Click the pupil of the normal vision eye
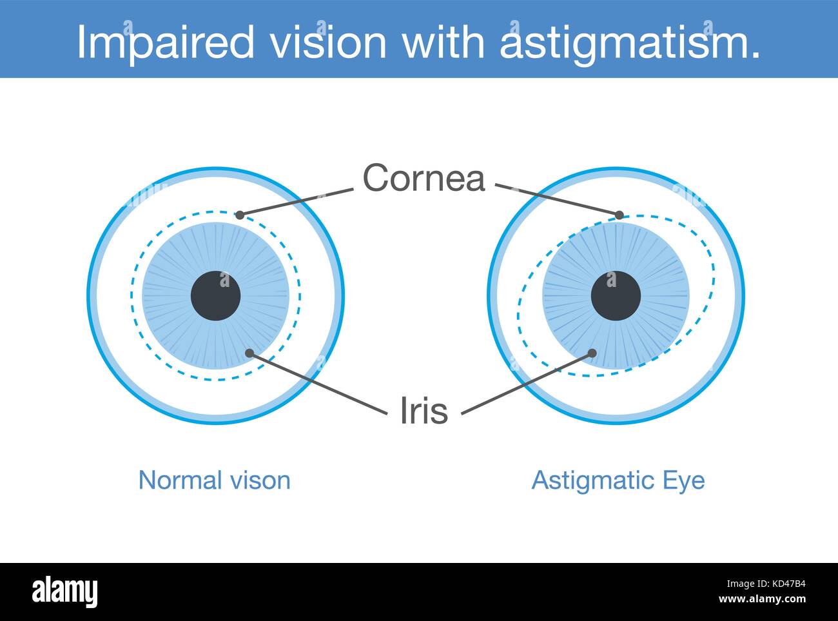(215, 296)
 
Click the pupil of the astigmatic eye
(616, 296)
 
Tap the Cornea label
(424, 177)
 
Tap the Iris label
(424, 410)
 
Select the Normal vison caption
(215, 480)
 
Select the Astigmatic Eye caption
(618, 480)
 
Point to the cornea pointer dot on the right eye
(619, 215)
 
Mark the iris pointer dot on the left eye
(249, 352)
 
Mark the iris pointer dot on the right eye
(591, 353)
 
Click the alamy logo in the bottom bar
(65, 591)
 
